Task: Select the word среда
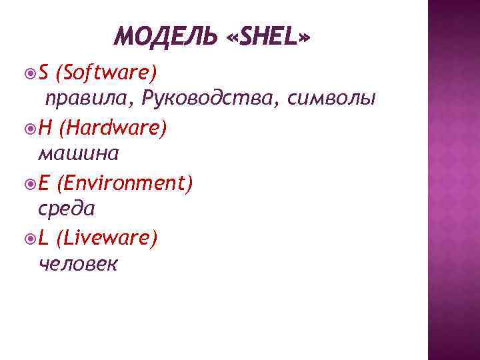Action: [x=67, y=209]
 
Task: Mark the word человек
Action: [x=79, y=265]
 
